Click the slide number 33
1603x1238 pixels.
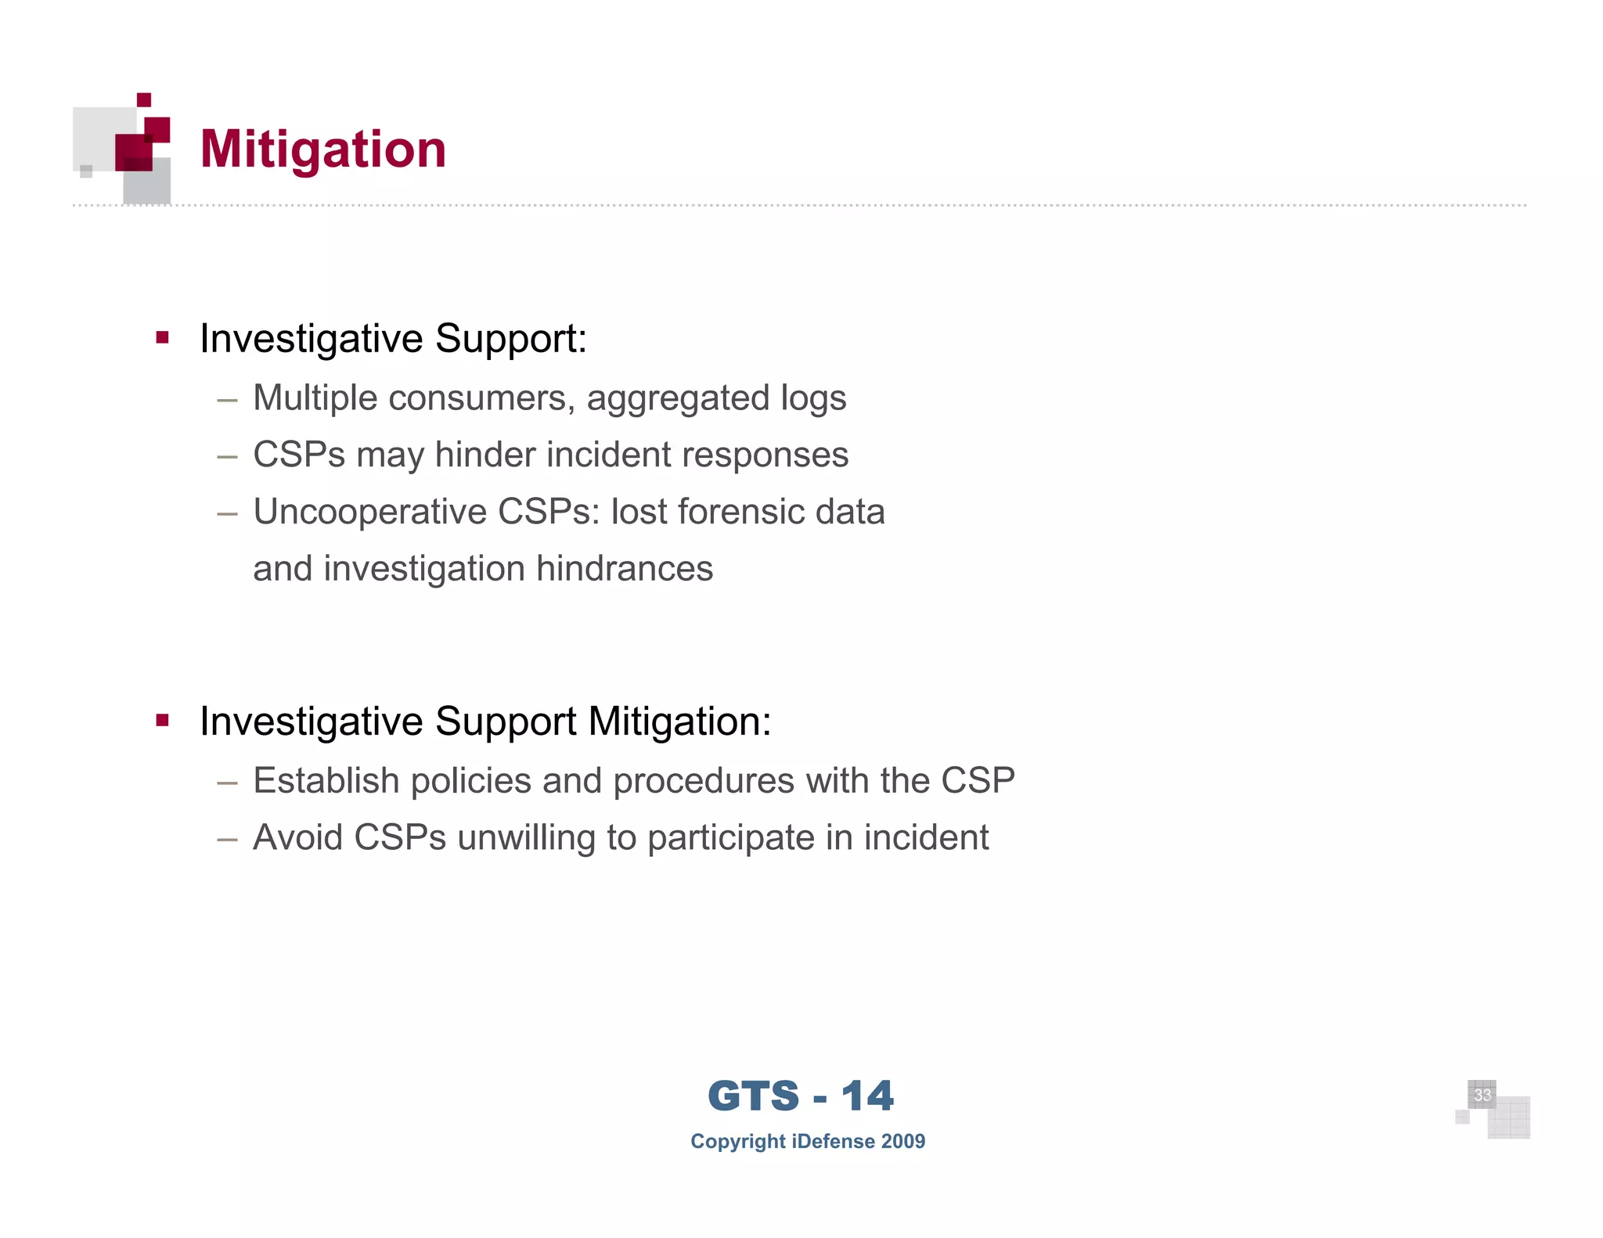(x=1482, y=1095)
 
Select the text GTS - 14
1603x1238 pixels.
(x=800, y=1096)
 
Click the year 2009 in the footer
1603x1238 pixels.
(x=903, y=1141)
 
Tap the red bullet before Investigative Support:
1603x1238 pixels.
(x=163, y=338)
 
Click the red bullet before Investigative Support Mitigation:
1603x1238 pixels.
(x=163, y=721)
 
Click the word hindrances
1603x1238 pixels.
(x=625, y=569)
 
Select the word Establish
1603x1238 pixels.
(x=326, y=781)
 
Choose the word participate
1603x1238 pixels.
(x=731, y=838)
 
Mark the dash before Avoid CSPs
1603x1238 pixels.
(x=227, y=839)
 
